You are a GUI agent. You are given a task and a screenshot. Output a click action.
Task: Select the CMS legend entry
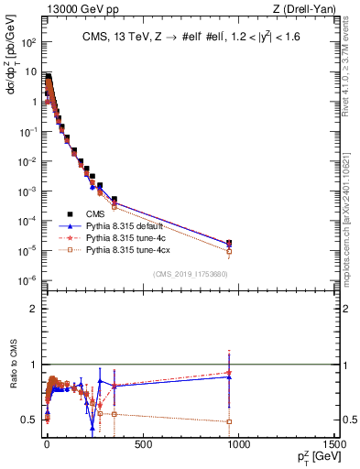tap(96, 213)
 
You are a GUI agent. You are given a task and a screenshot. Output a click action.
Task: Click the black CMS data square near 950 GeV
tap(228, 243)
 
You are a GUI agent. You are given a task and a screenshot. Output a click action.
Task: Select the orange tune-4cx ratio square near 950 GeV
tap(228, 421)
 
